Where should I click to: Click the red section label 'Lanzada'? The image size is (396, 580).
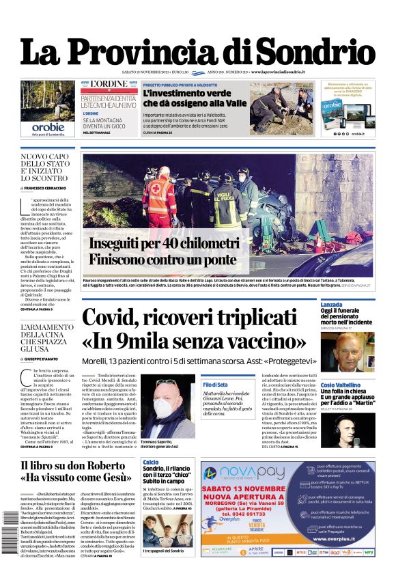(331, 304)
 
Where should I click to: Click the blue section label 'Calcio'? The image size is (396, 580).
(151, 462)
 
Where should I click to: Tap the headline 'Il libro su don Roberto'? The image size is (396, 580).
(70, 467)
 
